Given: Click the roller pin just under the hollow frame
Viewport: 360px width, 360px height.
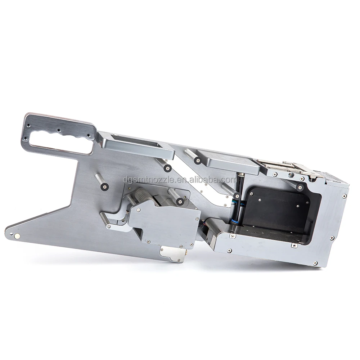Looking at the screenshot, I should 168,168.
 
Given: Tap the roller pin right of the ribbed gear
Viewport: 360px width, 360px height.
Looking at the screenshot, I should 180,202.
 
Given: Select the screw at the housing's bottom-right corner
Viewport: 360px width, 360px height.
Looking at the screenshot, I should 315,263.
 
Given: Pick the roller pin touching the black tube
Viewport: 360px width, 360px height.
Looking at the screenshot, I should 237,195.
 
